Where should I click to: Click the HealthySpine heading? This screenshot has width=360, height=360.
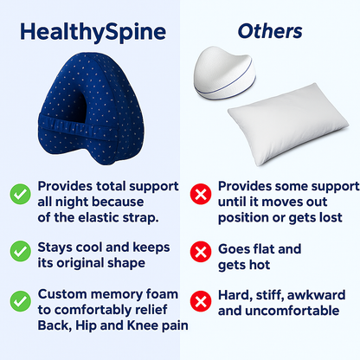[x=93, y=32]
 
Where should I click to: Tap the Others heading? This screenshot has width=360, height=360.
[x=270, y=31]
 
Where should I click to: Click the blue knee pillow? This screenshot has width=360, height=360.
[x=91, y=108]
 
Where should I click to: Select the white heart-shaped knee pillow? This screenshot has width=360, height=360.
[x=224, y=73]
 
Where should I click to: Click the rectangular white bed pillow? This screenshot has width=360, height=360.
[x=288, y=124]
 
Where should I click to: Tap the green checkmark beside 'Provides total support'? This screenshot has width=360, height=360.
[x=21, y=194]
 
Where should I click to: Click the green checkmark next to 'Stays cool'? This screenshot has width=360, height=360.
[x=21, y=251]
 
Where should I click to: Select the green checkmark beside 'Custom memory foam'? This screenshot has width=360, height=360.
[x=21, y=301]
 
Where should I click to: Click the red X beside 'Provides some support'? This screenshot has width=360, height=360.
[x=201, y=194]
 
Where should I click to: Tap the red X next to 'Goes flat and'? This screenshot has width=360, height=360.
[x=201, y=252]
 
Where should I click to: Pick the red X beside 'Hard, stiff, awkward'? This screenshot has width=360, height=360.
[x=201, y=301]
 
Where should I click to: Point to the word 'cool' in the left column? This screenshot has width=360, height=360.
[x=87, y=247]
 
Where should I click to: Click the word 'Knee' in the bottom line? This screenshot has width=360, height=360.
[x=143, y=325]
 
